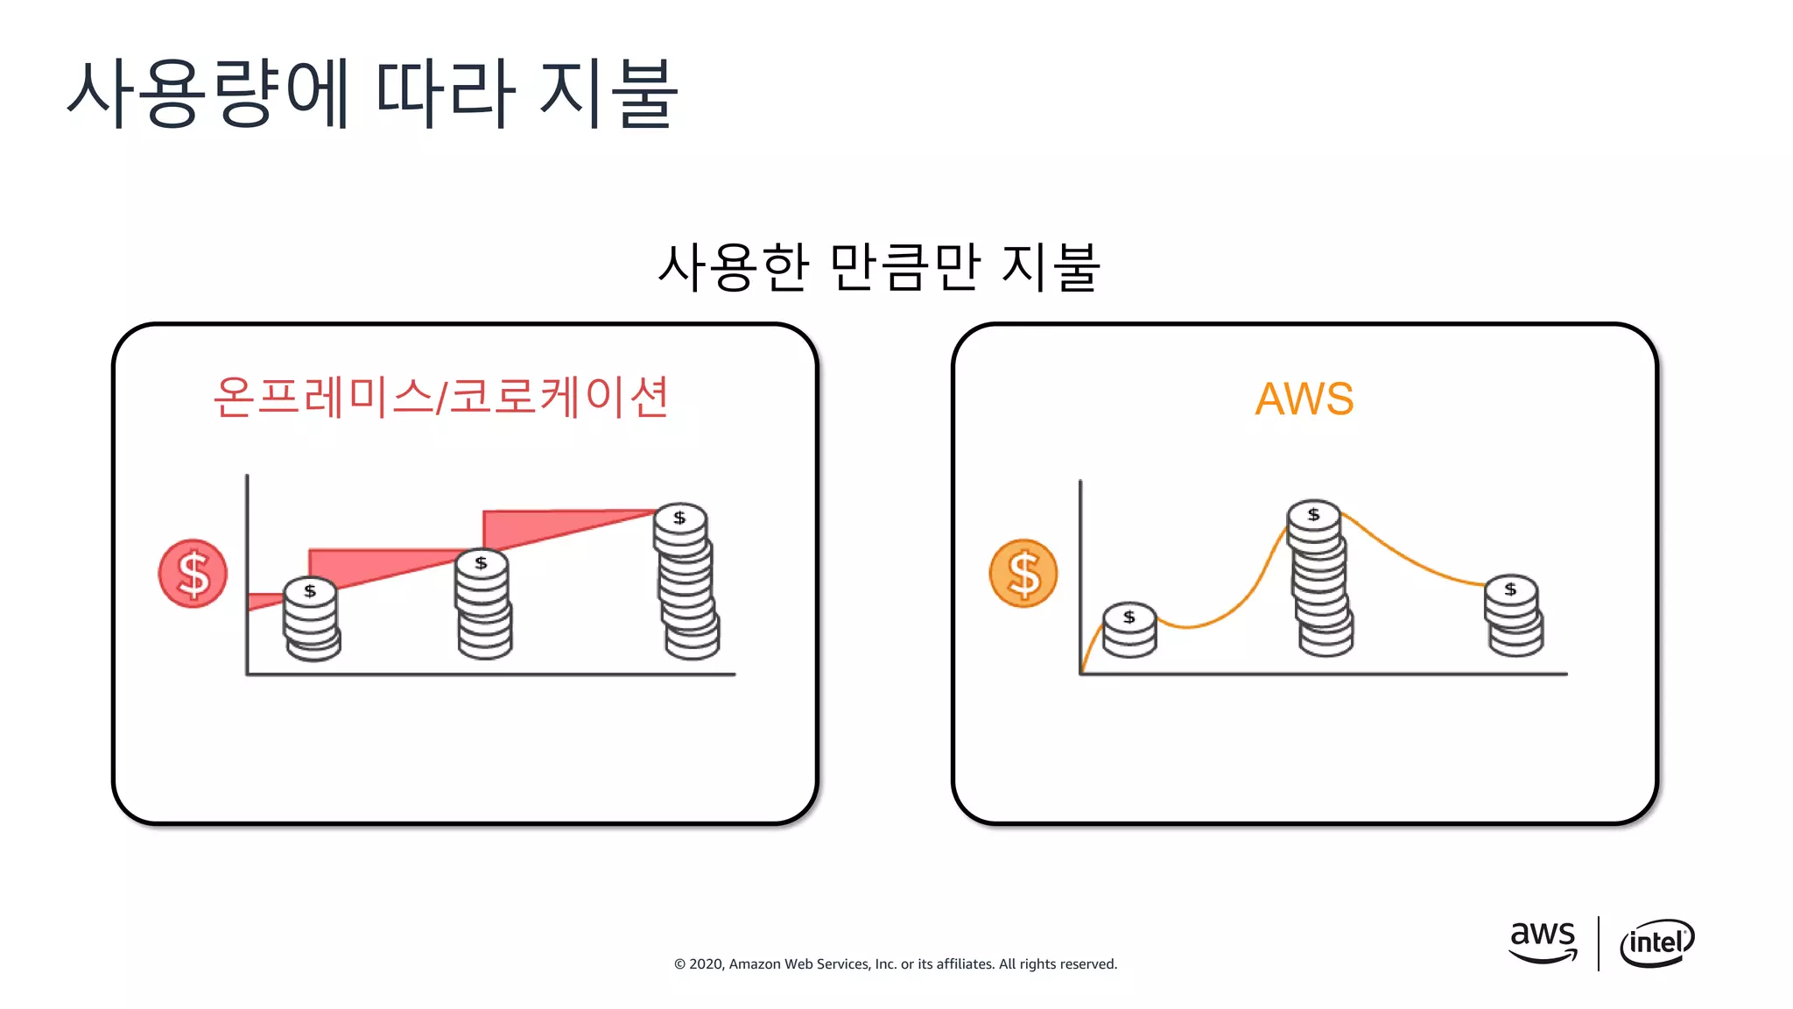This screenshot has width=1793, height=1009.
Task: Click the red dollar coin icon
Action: coord(193,574)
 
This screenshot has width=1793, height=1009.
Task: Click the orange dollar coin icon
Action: coord(1023,574)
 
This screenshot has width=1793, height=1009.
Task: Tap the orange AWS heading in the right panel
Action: coord(1304,399)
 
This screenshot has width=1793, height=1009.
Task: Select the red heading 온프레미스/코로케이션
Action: coord(440,397)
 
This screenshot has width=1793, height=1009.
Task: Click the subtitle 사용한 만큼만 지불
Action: coord(878,267)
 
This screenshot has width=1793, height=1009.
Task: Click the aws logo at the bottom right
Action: coord(1543,942)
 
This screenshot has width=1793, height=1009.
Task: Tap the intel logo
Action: coord(1656,943)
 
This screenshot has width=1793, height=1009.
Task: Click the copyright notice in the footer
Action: coord(895,964)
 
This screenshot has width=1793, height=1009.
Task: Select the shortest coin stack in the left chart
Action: coord(311,619)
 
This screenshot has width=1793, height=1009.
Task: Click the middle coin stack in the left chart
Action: coord(483,604)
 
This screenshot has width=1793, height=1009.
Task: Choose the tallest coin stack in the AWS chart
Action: coord(1319,578)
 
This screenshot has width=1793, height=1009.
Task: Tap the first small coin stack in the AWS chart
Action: coord(1129,631)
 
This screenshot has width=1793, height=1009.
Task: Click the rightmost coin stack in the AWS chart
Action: coord(1513,616)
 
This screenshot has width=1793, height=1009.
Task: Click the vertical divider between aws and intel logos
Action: coord(1599,943)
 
